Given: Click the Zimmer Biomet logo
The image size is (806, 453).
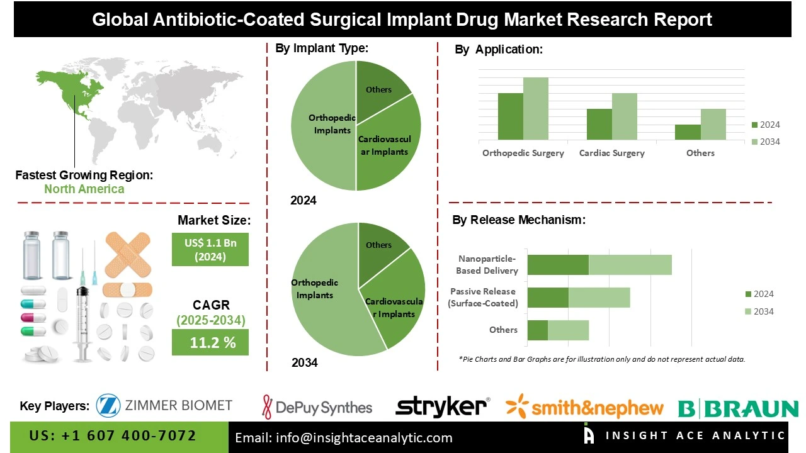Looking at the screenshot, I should point(164,406).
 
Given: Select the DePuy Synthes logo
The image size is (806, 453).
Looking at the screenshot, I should point(317,407).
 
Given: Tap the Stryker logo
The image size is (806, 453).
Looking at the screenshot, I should point(442,406).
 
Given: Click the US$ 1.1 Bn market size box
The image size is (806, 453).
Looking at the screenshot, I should point(210,249).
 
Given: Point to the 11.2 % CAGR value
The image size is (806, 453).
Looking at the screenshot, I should point(210,342).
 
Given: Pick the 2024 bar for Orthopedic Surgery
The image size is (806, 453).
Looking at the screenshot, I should point(510,116).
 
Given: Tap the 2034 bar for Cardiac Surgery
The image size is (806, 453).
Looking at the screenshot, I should point(624,116).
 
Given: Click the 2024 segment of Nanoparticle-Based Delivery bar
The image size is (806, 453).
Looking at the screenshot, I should point(557,265).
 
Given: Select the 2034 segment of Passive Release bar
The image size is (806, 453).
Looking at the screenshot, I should point(599,298).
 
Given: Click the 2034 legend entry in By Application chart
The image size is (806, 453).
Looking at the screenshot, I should point(765,142).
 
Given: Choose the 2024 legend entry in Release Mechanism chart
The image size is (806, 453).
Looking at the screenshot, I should point(759,294).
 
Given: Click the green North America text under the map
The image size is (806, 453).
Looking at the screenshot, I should point(84,189).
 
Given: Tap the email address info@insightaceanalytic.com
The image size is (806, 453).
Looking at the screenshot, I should point(344,438).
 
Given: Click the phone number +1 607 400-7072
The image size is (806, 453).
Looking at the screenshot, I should point(113,436).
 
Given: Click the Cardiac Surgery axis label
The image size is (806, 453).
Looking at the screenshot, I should point(611,153).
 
